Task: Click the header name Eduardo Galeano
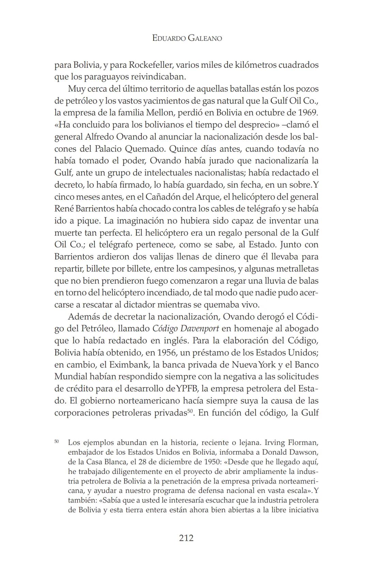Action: click(187, 38)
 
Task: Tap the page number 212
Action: click(186, 538)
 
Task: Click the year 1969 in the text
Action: click(308, 113)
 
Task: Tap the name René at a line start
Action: click(63, 209)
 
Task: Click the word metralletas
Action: click(297, 269)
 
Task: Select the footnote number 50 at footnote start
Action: click(57, 441)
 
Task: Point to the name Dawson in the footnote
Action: click(304, 453)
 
